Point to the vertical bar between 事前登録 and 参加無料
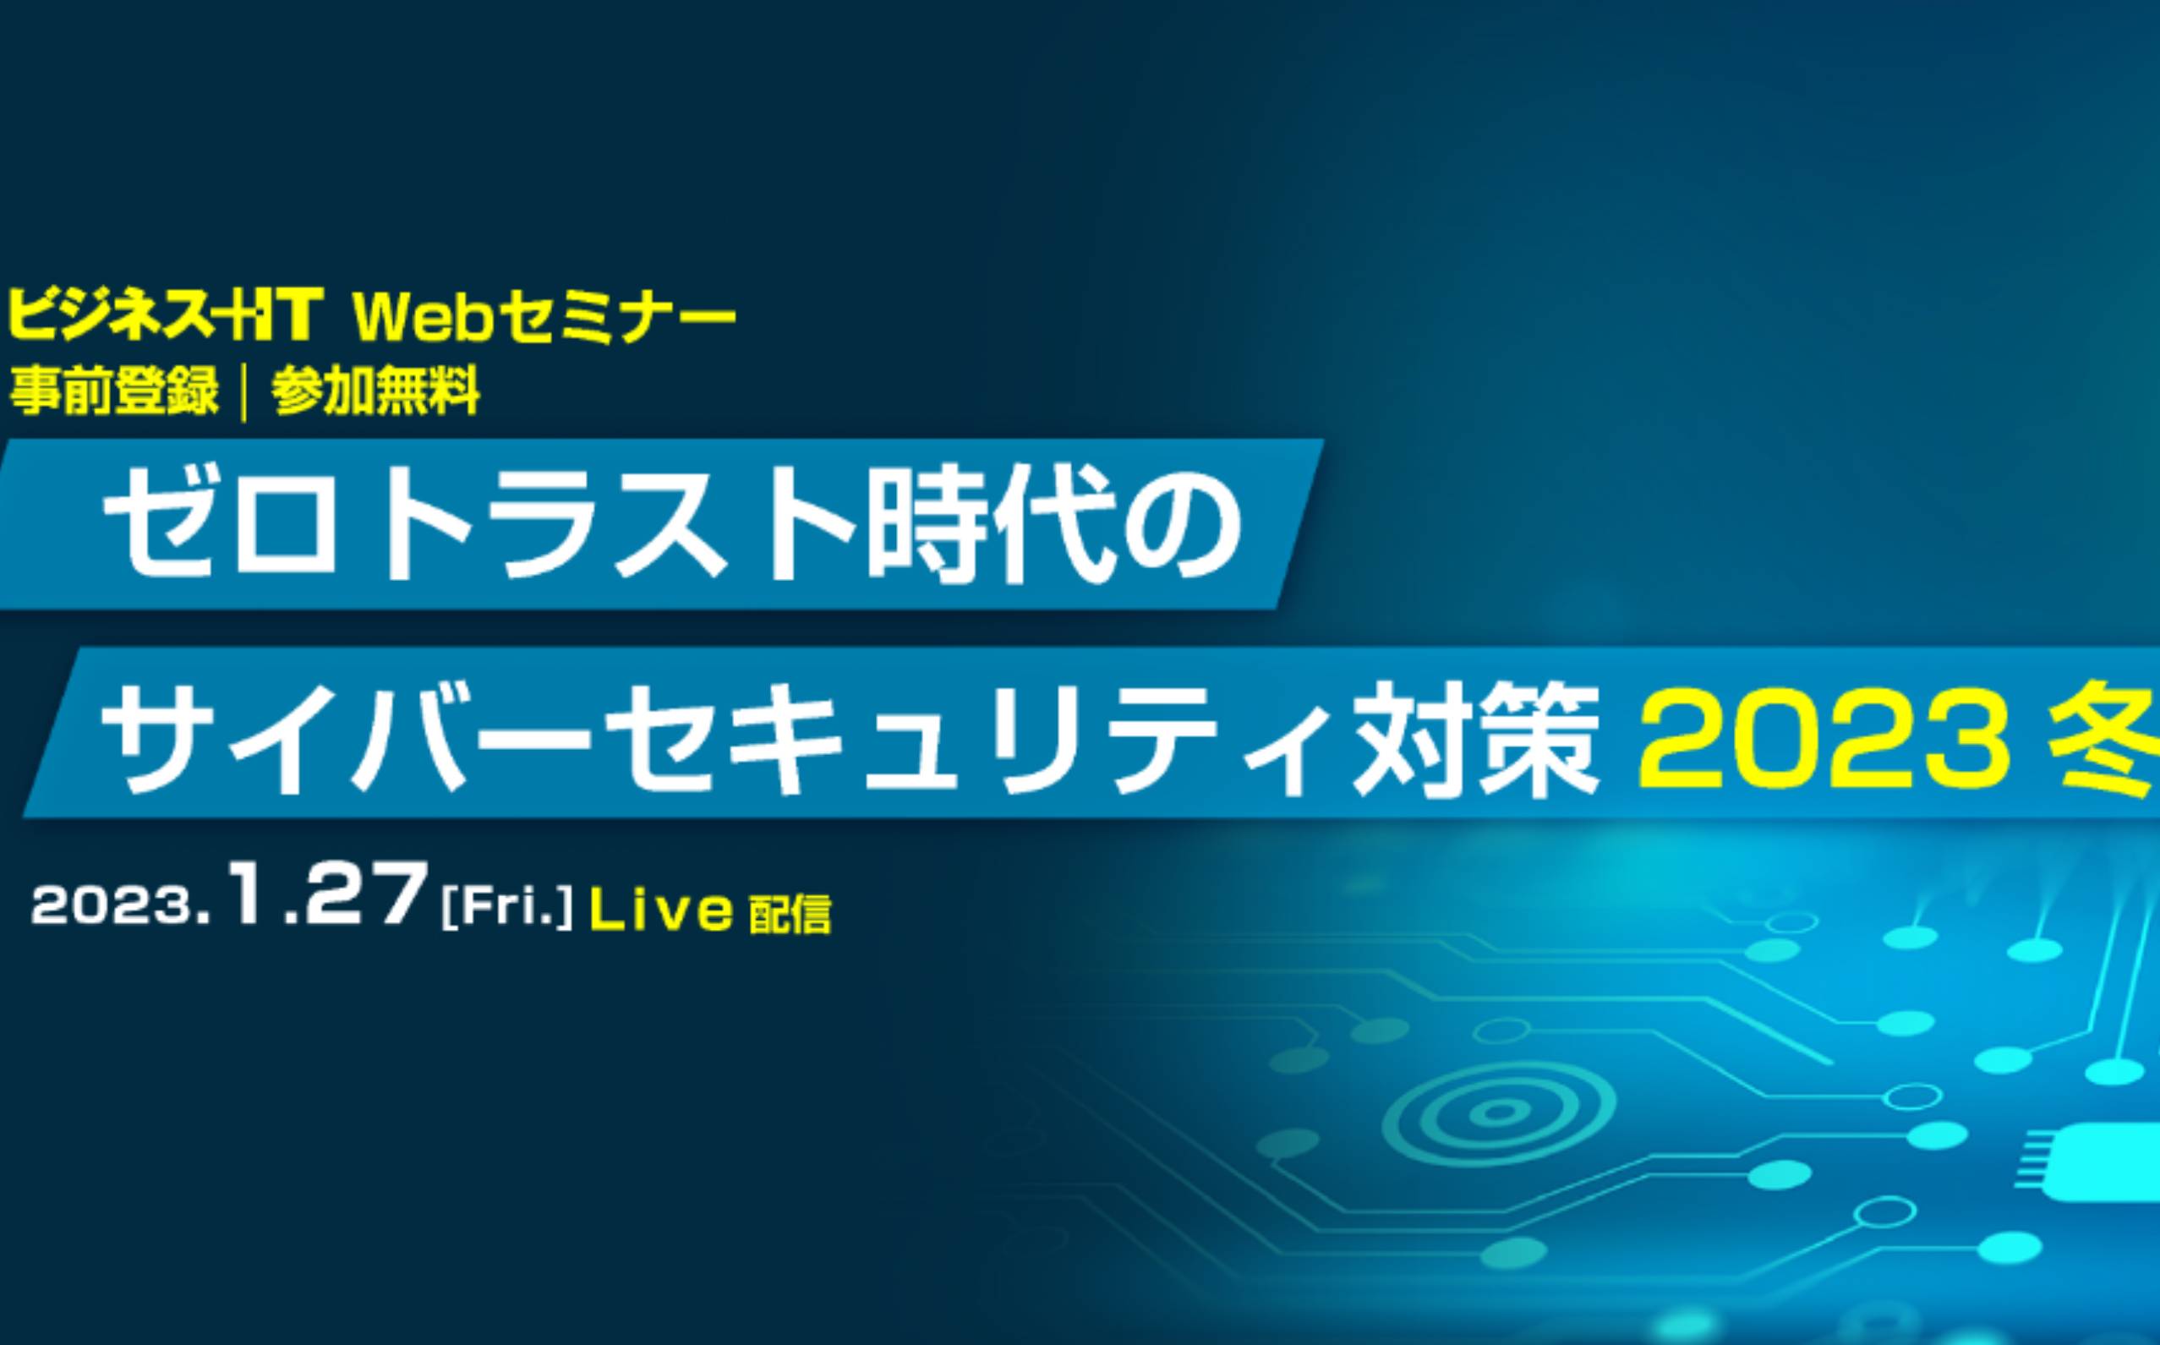[x=244, y=391]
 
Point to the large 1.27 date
[x=325, y=894]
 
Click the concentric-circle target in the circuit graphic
[x=1499, y=1112]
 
